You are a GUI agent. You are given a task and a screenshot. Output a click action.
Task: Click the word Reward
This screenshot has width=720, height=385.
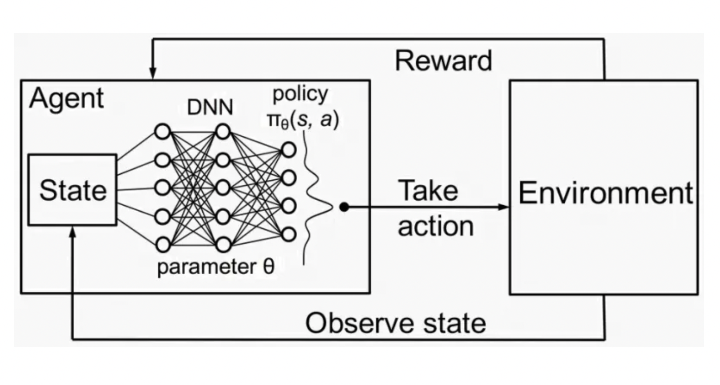[x=443, y=61]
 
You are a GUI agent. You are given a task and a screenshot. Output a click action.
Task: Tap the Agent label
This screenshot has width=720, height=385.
[x=66, y=98]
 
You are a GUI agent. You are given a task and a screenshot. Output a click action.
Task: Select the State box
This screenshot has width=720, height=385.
[x=73, y=190]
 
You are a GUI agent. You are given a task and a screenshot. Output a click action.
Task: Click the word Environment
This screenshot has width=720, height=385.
[x=605, y=193]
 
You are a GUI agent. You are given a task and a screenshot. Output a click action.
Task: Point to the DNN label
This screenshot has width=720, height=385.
[x=210, y=107]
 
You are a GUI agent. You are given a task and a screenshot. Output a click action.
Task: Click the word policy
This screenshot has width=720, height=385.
[x=300, y=94]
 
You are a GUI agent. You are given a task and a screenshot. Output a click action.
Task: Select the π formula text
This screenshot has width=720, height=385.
[x=302, y=122]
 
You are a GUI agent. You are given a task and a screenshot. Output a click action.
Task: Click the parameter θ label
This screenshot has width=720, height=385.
[x=215, y=267]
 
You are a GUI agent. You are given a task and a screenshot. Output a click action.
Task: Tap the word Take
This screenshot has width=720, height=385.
[x=428, y=191]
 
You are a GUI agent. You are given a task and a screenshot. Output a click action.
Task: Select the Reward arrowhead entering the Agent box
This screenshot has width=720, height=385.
[x=152, y=75]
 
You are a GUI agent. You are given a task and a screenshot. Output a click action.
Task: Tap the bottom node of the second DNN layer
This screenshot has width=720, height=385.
[x=223, y=245]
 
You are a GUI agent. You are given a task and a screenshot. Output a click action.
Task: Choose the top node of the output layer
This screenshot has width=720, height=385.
[x=289, y=150]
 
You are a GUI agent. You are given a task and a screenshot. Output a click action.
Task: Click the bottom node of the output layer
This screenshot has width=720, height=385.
[x=289, y=234]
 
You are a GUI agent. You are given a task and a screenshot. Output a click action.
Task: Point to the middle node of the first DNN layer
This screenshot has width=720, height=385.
[x=162, y=187]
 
